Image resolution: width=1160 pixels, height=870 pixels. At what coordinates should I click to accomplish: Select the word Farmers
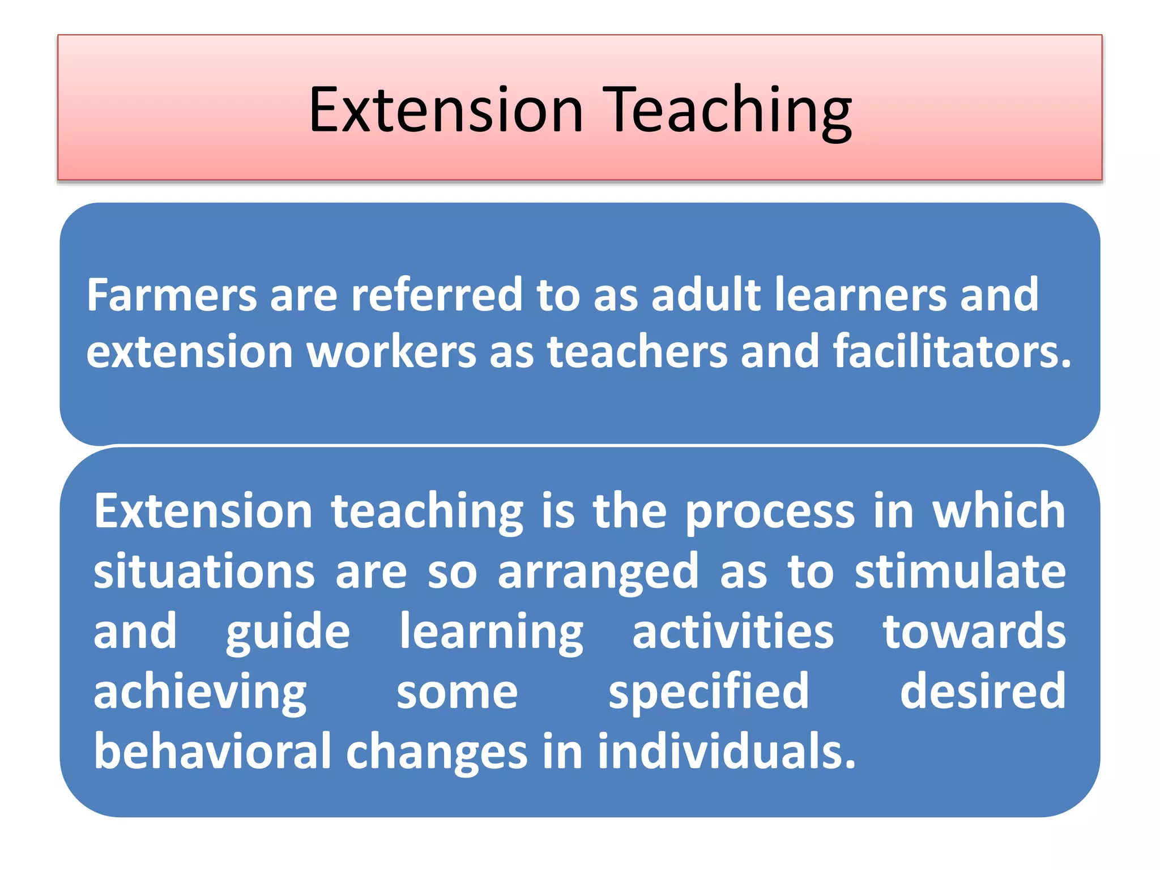tap(172, 295)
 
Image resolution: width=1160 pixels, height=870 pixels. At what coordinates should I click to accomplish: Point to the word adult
tap(706, 295)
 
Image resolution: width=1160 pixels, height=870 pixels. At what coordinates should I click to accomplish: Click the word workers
tap(391, 352)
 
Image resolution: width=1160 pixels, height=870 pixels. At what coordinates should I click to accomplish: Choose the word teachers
tap(637, 352)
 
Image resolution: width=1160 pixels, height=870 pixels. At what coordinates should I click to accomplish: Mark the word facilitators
tap(952, 352)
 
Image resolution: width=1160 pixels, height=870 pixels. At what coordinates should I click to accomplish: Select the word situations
tap(204, 572)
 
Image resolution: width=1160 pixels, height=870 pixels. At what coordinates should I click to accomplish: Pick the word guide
tap(288, 633)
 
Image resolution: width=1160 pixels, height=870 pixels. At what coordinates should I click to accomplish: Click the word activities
tap(733, 632)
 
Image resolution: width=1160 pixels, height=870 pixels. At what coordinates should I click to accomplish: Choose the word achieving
tap(200, 693)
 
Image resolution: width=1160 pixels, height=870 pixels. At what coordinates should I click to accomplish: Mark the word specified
tap(709, 693)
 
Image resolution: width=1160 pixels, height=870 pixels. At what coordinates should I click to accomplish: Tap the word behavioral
tap(212, 752)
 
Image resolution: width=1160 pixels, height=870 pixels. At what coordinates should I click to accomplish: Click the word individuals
tap(726, 752)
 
